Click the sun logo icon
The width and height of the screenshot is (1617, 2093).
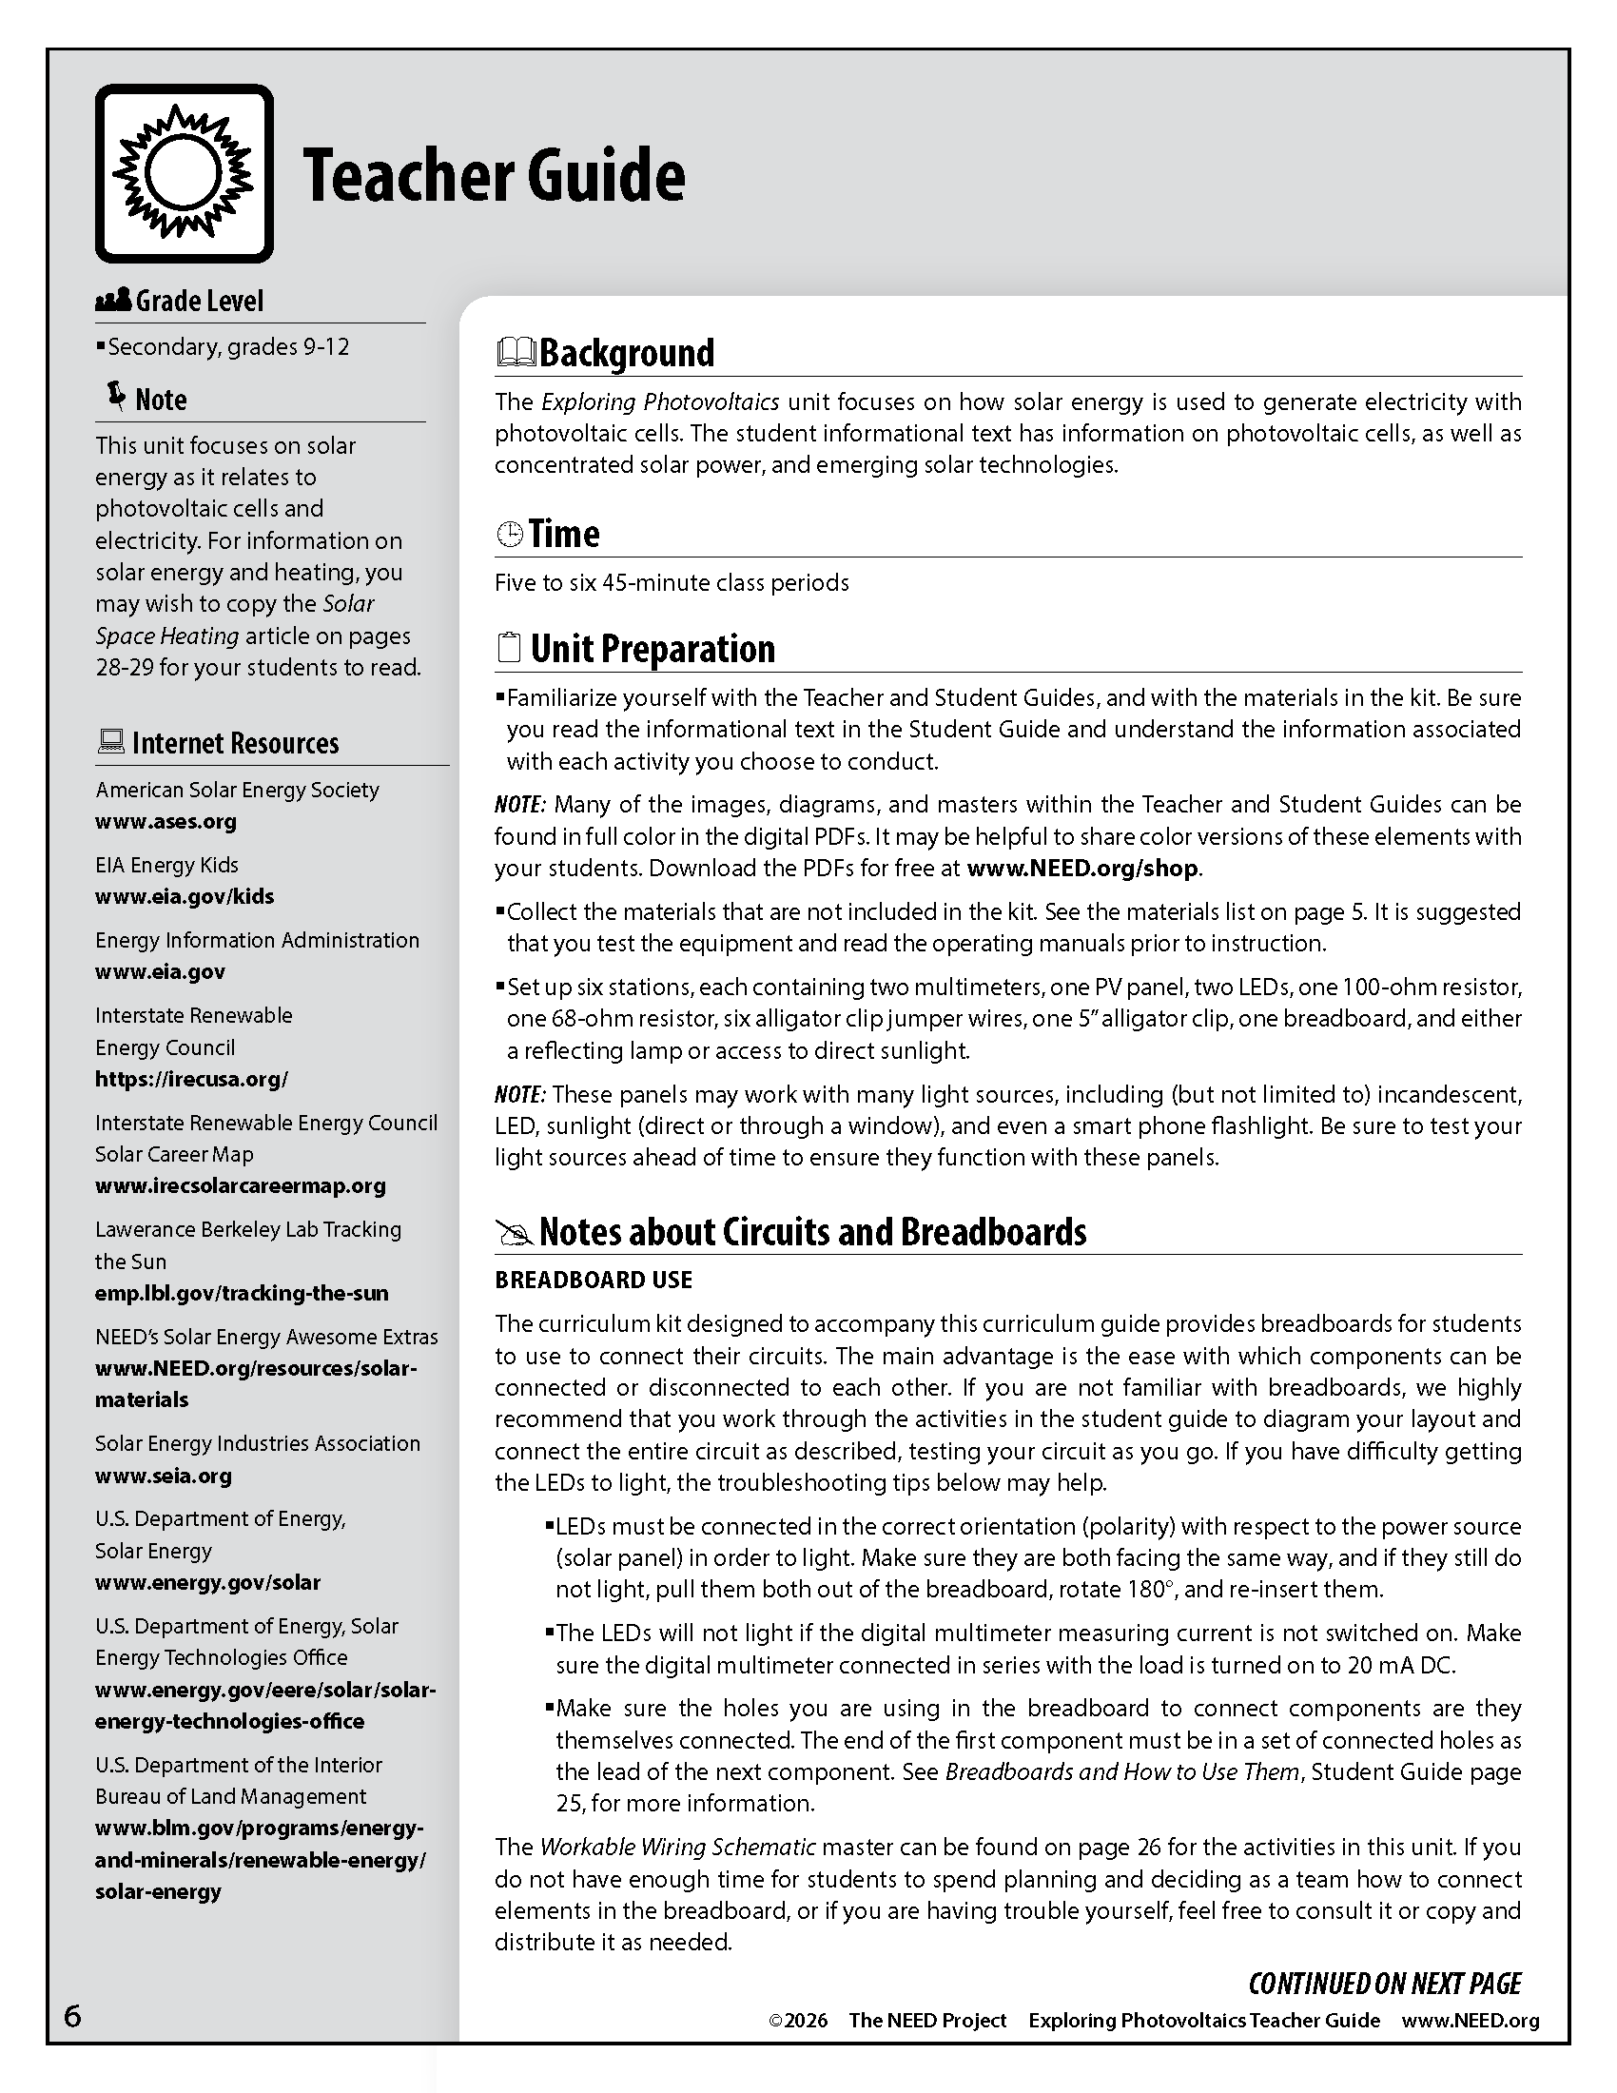(x=184, y=173)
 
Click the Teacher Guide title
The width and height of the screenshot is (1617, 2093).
(x=494, y=175)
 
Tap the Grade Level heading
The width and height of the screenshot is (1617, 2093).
(x=198, y=301)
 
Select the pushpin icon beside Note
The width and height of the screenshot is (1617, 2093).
(x=116, y=397)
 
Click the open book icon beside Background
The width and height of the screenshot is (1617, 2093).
(x=516, y=353)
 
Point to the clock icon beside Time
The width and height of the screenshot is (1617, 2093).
(x=509, y=534)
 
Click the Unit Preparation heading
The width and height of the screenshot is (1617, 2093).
(x=653, y=649)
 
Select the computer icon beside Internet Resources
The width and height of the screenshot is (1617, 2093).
(x=110, y=742)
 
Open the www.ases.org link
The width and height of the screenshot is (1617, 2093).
(x=166, y=821)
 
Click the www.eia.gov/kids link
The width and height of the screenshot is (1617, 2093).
(x=184, y=896)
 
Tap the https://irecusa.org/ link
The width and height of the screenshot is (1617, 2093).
(x=191, y=1079)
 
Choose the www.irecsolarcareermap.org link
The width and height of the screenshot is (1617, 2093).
(x=240, y=1185)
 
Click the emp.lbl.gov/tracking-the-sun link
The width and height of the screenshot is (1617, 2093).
(x=242, y=1293)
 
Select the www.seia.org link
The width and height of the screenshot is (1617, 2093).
(x=163, y=1476)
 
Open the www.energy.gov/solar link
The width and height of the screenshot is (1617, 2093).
(x=207, y=1582)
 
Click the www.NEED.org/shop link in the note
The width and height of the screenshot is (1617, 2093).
(x=1082, y=869)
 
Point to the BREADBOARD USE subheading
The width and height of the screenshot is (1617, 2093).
(x=593, y=1280)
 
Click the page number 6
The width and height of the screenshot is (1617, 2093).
(x=73, y=2016)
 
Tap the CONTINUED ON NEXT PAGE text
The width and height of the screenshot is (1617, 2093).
(x=1384, y=1983)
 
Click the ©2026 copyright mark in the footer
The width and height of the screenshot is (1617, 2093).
(x=797, y=2020)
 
